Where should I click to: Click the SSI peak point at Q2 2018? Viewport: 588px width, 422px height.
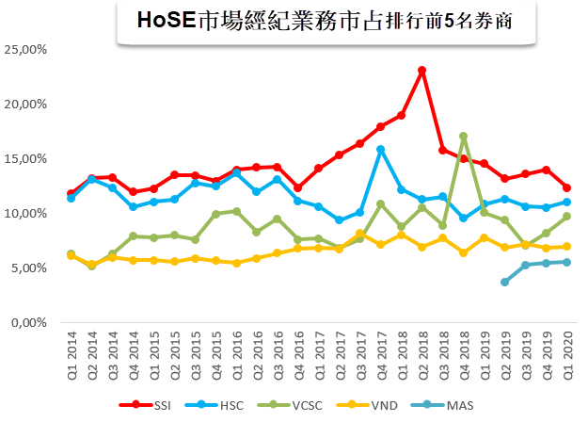421,71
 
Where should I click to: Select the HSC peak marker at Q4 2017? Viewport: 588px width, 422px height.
380,149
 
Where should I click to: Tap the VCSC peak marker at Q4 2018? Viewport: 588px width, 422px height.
463,137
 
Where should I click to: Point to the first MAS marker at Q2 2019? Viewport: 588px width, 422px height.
504,282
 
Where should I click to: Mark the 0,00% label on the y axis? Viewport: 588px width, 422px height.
30,322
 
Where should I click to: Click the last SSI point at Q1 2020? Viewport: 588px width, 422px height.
566,188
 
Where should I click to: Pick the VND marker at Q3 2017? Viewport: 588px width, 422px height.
360,234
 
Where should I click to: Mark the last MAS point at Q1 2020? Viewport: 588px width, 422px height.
566,262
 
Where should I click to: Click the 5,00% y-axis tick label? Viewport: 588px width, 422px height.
30,268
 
